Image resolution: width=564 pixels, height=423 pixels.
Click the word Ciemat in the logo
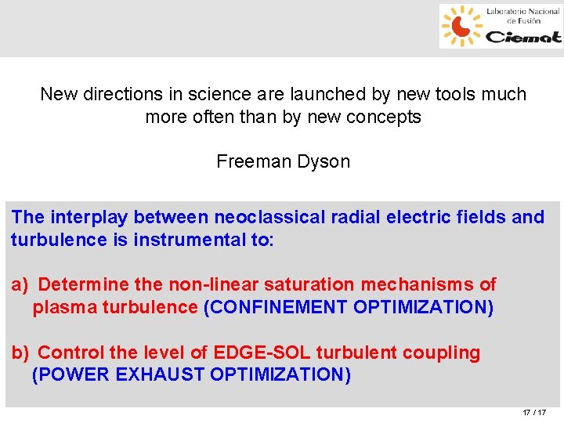pyautogui.click(x=522, y=36)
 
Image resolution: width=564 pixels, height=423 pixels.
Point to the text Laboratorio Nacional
pyautogui.click(x=522, y=12)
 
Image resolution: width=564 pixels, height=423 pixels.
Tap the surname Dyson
pyautogui.click(x=325, y=162)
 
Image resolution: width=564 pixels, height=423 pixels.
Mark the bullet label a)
pyautogui.click(x=20, y=284)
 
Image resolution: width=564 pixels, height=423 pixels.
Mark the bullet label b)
pyautogui.click(x=20, y=352)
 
